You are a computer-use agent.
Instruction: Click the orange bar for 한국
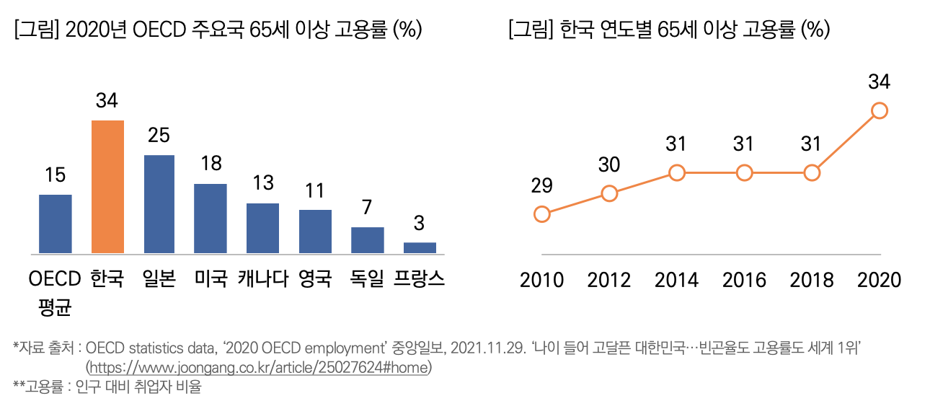click(107, 187)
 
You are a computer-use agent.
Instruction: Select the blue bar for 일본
click(159, 204)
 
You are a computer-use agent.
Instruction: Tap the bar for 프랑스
click(420, 248)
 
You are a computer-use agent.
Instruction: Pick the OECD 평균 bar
click(55, 224)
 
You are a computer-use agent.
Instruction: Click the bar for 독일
click(368, 240)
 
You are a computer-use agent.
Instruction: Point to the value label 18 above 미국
click(211, 163)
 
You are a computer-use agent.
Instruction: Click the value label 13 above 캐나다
click(262, 182)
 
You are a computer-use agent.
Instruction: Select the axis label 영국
click(315, 278)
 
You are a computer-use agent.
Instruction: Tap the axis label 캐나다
click(263, 278)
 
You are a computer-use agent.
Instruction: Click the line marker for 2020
click(879, 110)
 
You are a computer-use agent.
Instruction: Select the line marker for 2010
click(542, 213)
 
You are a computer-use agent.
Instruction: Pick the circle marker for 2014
click(676, 173)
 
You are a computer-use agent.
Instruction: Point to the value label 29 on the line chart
click(541, 185)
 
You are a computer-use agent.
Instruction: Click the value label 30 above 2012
click(609, 165)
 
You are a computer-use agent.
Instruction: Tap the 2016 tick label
click(744, 279)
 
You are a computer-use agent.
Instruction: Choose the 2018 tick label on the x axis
click(812, 279)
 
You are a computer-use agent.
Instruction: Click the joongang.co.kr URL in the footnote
click(258, 367)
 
